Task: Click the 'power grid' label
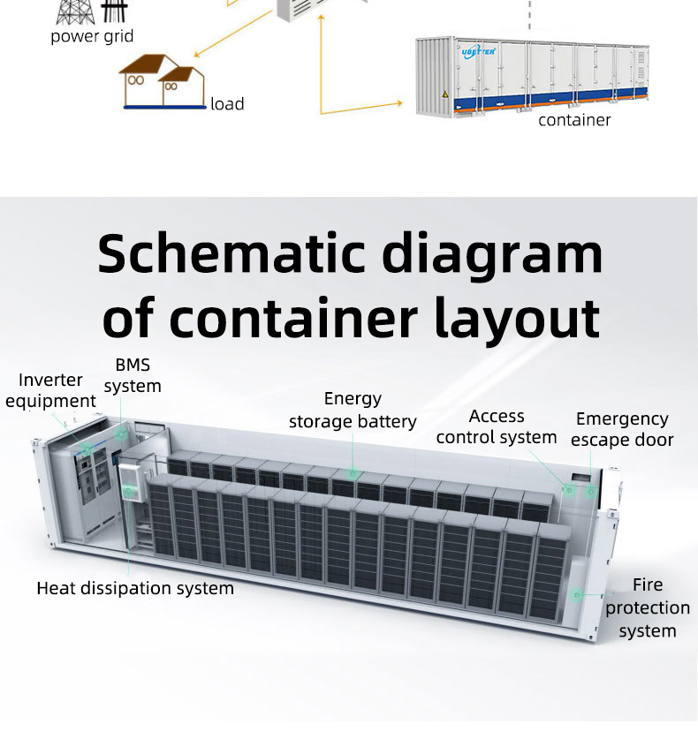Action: [x=92, y=37]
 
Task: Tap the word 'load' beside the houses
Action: [x=227, y=104]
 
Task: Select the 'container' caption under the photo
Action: [x=574, y=120]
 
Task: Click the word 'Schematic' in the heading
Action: [x=231, y=254]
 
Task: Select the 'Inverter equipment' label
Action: [x=50, y=390]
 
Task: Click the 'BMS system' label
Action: [x=133, y=375]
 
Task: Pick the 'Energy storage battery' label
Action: [x=353, y=411]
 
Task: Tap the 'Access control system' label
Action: [x=497, y=426]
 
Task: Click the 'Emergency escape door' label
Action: [x=622, y=429]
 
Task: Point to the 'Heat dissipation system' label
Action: [x=135, y=588]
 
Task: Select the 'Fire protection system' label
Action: [x=648, y=607]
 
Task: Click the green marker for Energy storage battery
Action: [x=353, y=474]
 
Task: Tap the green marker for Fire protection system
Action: [x=576, y=595]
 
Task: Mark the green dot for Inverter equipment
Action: [x=87, y=449]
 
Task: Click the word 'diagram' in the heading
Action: [x=493, y=254]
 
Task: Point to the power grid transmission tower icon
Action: [x=75, y=11]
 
